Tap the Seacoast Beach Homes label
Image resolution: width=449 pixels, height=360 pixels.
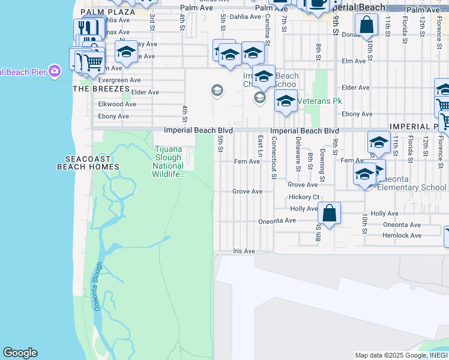tap(88, 163)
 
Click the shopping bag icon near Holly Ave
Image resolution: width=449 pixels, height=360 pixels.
tap(329, 214)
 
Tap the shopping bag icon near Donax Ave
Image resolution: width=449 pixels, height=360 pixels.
tap(366, 26)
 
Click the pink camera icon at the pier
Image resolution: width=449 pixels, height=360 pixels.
tap(55, 71)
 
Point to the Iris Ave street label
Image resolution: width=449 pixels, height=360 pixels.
tap(244, 251)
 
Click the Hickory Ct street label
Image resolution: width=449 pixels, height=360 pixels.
tap(304, 197)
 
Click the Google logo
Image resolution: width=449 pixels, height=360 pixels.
tap(20, 353)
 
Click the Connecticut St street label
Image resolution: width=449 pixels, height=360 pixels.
tap(273, 158)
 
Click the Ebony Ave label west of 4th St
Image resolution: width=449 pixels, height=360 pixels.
tap(113, 116)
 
